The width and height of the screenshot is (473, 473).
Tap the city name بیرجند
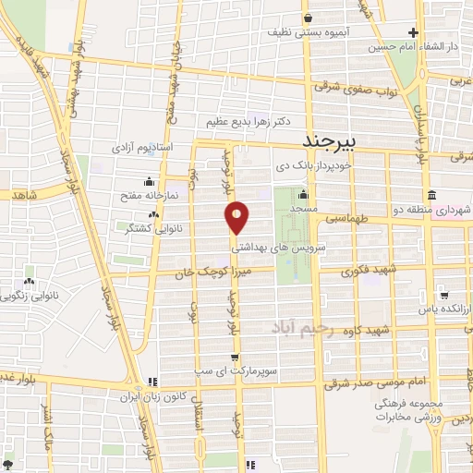(336, 142)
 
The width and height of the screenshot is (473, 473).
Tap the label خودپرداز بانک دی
(317, 167)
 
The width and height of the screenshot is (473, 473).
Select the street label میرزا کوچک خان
(209, 273)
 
